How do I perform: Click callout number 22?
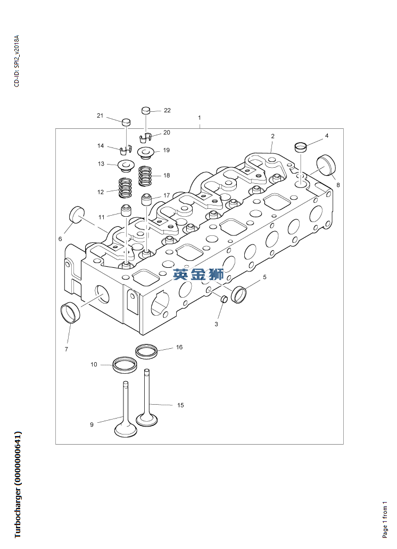[167, 110]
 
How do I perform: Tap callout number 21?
[100, 116]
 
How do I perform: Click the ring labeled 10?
[126, 365]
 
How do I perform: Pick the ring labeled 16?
[146, 351]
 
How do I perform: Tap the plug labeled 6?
[78, 215]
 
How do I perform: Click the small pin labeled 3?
[224, 298]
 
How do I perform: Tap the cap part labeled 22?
[146, 110]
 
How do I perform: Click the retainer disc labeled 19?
[146, 153]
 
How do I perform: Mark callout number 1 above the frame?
[200, 117]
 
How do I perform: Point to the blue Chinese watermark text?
[199, 275]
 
